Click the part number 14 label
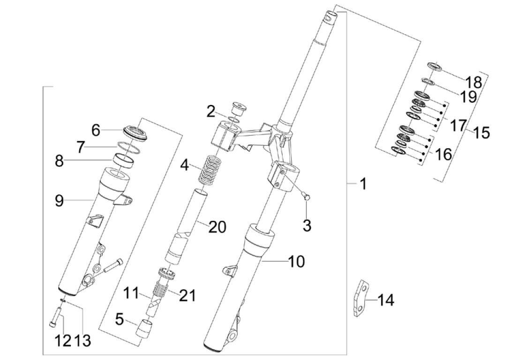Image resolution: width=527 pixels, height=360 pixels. (386, 300)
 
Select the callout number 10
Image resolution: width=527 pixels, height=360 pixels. (296, 261)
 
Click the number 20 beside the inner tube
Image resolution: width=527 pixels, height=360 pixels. (217, 227)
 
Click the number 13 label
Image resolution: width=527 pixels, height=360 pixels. (83, 340)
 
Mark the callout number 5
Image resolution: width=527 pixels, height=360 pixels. (119, 319)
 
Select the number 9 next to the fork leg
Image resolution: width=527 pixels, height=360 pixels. (59, 201)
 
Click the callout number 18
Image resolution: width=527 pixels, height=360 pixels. (474, 82)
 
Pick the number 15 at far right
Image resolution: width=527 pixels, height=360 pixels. (482, 133)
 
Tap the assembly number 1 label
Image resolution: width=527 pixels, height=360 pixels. (363, 184)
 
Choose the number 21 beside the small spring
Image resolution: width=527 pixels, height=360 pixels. (187, 296)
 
